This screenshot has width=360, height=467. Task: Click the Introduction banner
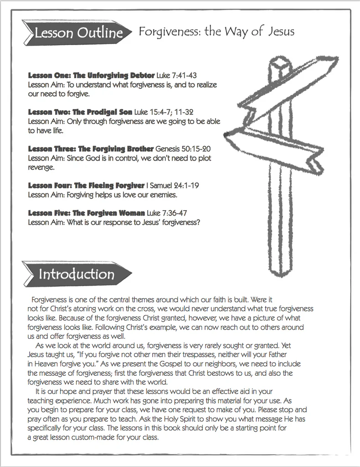[76, 274]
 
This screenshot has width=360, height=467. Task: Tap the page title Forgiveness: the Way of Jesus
[216, 31]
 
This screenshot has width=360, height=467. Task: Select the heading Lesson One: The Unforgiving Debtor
[91, 75]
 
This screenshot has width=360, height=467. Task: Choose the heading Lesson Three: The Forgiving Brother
[91, 149]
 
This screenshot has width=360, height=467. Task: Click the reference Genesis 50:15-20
[183, 149]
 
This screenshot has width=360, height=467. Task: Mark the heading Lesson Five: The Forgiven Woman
[87, 213]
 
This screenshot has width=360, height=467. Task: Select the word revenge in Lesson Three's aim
[41, 168]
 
